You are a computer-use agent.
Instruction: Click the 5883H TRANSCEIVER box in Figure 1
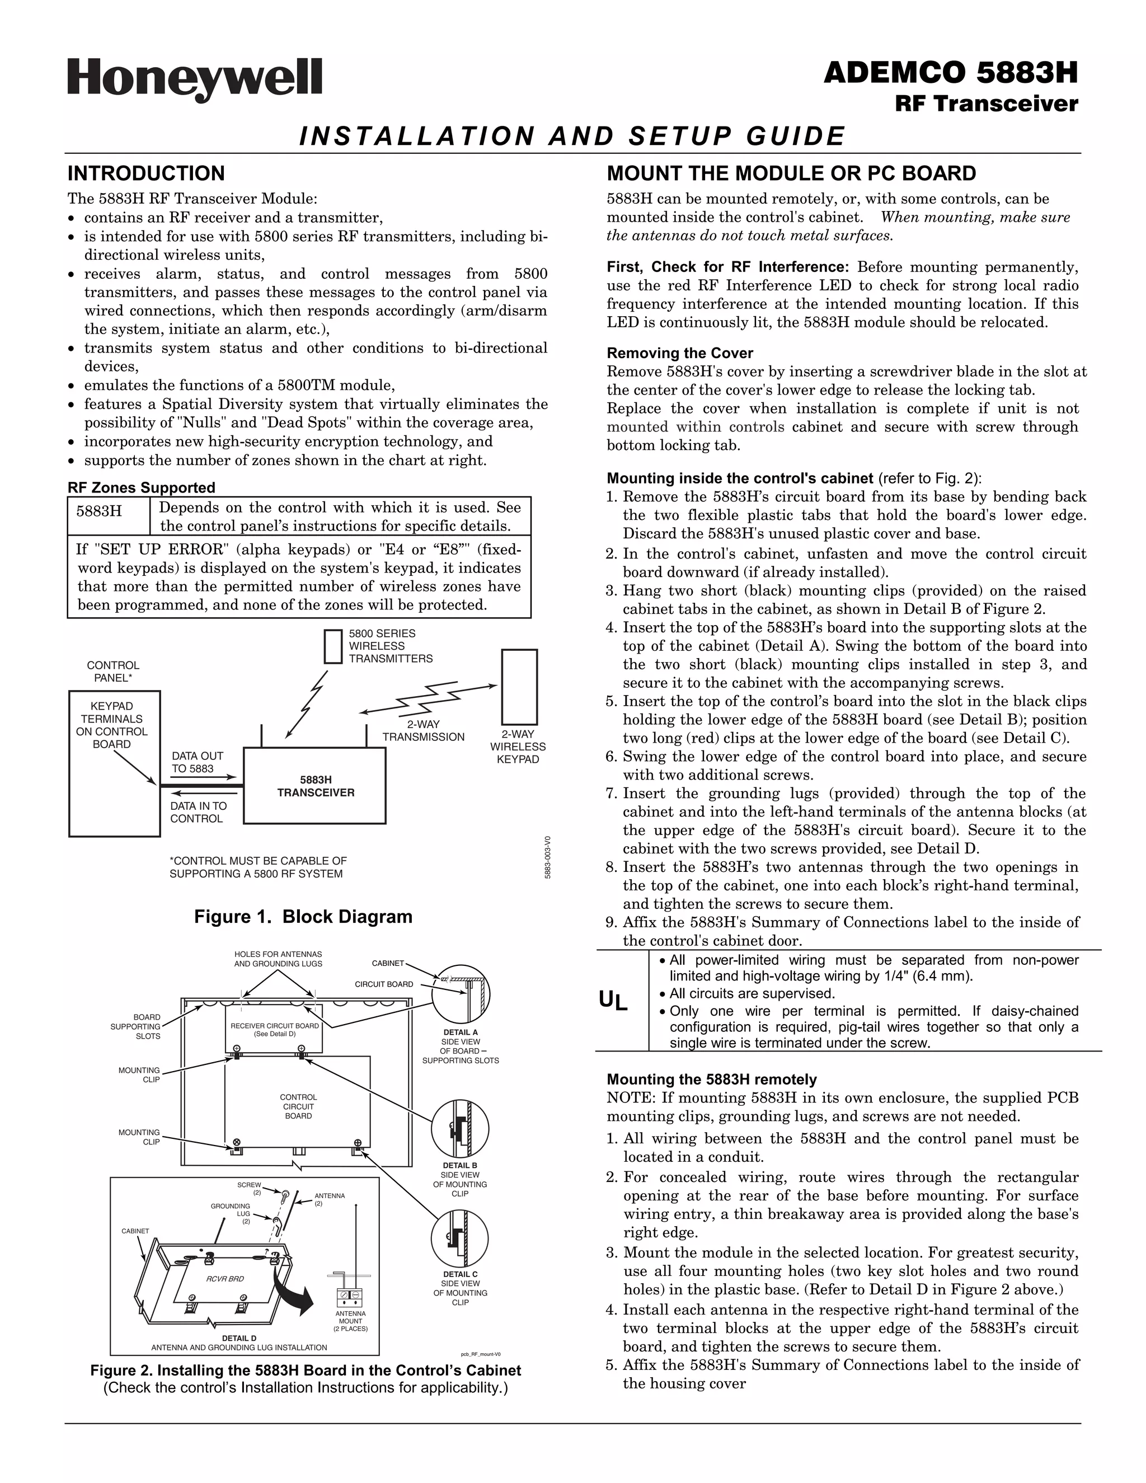click(315, 786)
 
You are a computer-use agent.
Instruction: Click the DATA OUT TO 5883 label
click(197, 762)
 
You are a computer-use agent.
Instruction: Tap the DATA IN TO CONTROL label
click(198, 812)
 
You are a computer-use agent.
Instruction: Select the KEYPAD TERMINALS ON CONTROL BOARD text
click(112, 725)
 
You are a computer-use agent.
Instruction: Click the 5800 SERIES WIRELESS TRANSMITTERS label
click(391, 646)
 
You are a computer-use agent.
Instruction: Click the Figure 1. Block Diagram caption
click(303, 917)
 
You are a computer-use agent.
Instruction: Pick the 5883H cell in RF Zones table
click(99, 511)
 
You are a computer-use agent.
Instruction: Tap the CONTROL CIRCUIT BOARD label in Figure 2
click(298, 1106)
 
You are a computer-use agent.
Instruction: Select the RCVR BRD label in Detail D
click(225, 1279)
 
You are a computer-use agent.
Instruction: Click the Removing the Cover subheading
click(679, 353)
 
